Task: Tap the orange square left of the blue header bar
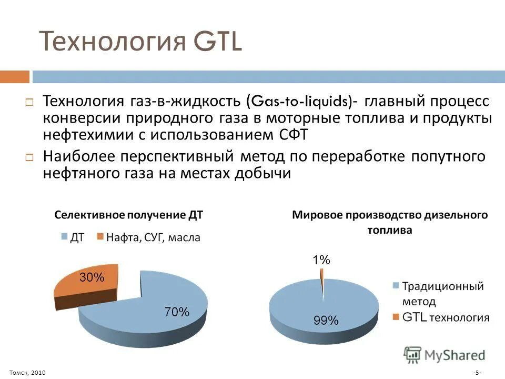[14, 77]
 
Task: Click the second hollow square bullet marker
[29, 157]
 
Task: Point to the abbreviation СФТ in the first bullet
[290, 134]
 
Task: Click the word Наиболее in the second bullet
[79, 156]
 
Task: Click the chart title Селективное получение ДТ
[129, 215]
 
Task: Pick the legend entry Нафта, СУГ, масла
[153, 237]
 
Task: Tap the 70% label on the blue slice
[176, 312]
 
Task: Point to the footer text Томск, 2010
[27, 373]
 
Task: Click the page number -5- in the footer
[477, 373]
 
